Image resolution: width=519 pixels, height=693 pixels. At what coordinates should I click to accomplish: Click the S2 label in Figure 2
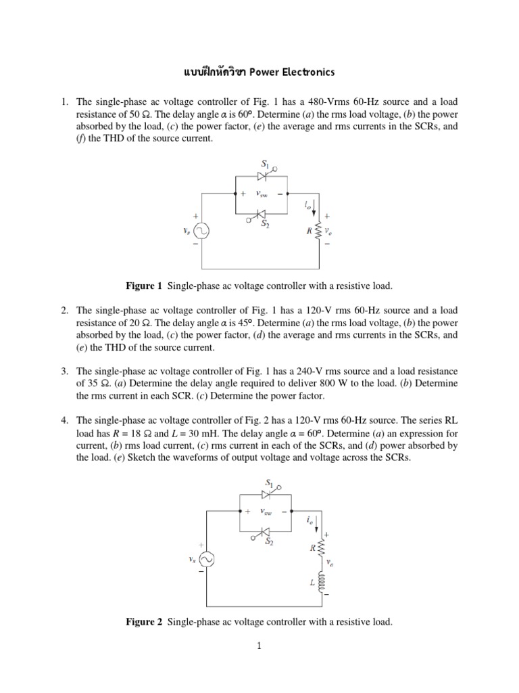pos(268,541)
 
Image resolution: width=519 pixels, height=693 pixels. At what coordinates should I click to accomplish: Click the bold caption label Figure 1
pos(145,286)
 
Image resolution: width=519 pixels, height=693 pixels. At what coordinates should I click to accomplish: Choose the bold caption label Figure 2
pos(145,621)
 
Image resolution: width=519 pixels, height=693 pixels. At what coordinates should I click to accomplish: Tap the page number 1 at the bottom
pos(258,646)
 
